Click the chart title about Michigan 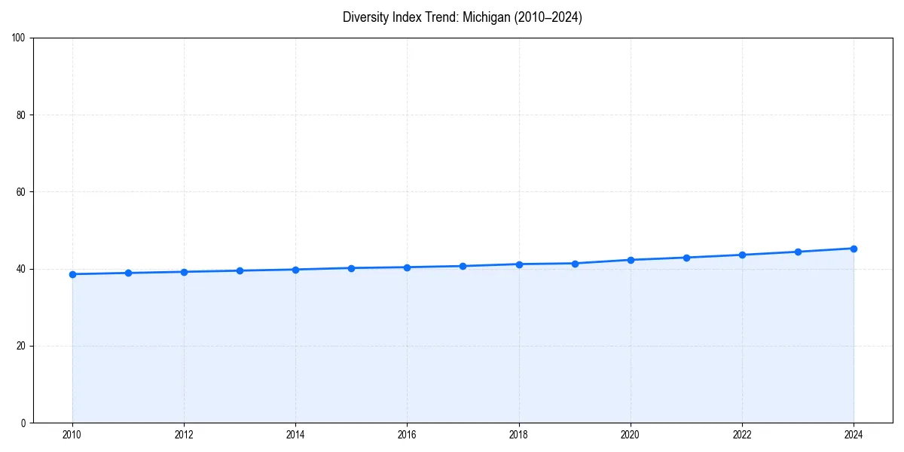tap(462, 17)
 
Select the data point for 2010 tap(72, 274)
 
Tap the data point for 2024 tap(854, 249)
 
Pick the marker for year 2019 tap(575, 263)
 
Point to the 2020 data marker tap(631, 260)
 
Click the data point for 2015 tap(351, 267)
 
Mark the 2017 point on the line tap(463, 266)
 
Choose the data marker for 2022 tap(742, 255)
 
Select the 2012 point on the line tap(184, 272)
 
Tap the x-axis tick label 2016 tap(407, 435)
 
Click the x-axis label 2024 tap(854, 435)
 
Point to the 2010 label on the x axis tap(72, 435)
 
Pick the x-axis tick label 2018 tap(518, 435)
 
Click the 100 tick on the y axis tap(19, 38)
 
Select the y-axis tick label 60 tap(21, 192)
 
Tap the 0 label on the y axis tap(23, 423)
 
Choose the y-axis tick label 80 tap(21, 115)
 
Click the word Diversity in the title tap(363, 17)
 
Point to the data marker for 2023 tap(798, 252)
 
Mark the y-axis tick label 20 tap(21, 346)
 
